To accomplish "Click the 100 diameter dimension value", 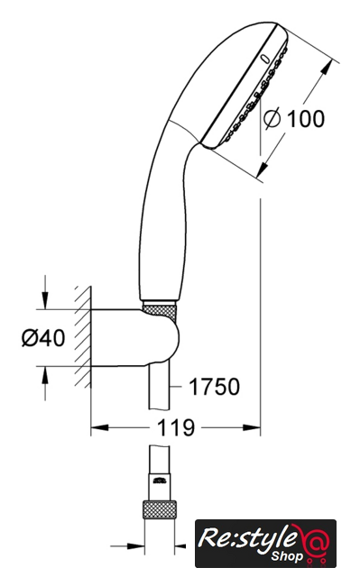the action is tap(305, 118).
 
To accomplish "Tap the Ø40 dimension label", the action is tap(43, 337).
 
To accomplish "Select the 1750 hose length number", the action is tap(214, 387).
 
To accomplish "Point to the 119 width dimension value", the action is tap(175, 428).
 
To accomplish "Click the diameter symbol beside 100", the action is tap(272, 119).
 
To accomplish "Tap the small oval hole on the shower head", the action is tap(264, 59).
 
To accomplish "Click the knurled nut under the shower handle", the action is tap(160, 312).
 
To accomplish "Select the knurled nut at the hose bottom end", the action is tap(160, 509).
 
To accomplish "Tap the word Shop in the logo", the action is tap(287, 555).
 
